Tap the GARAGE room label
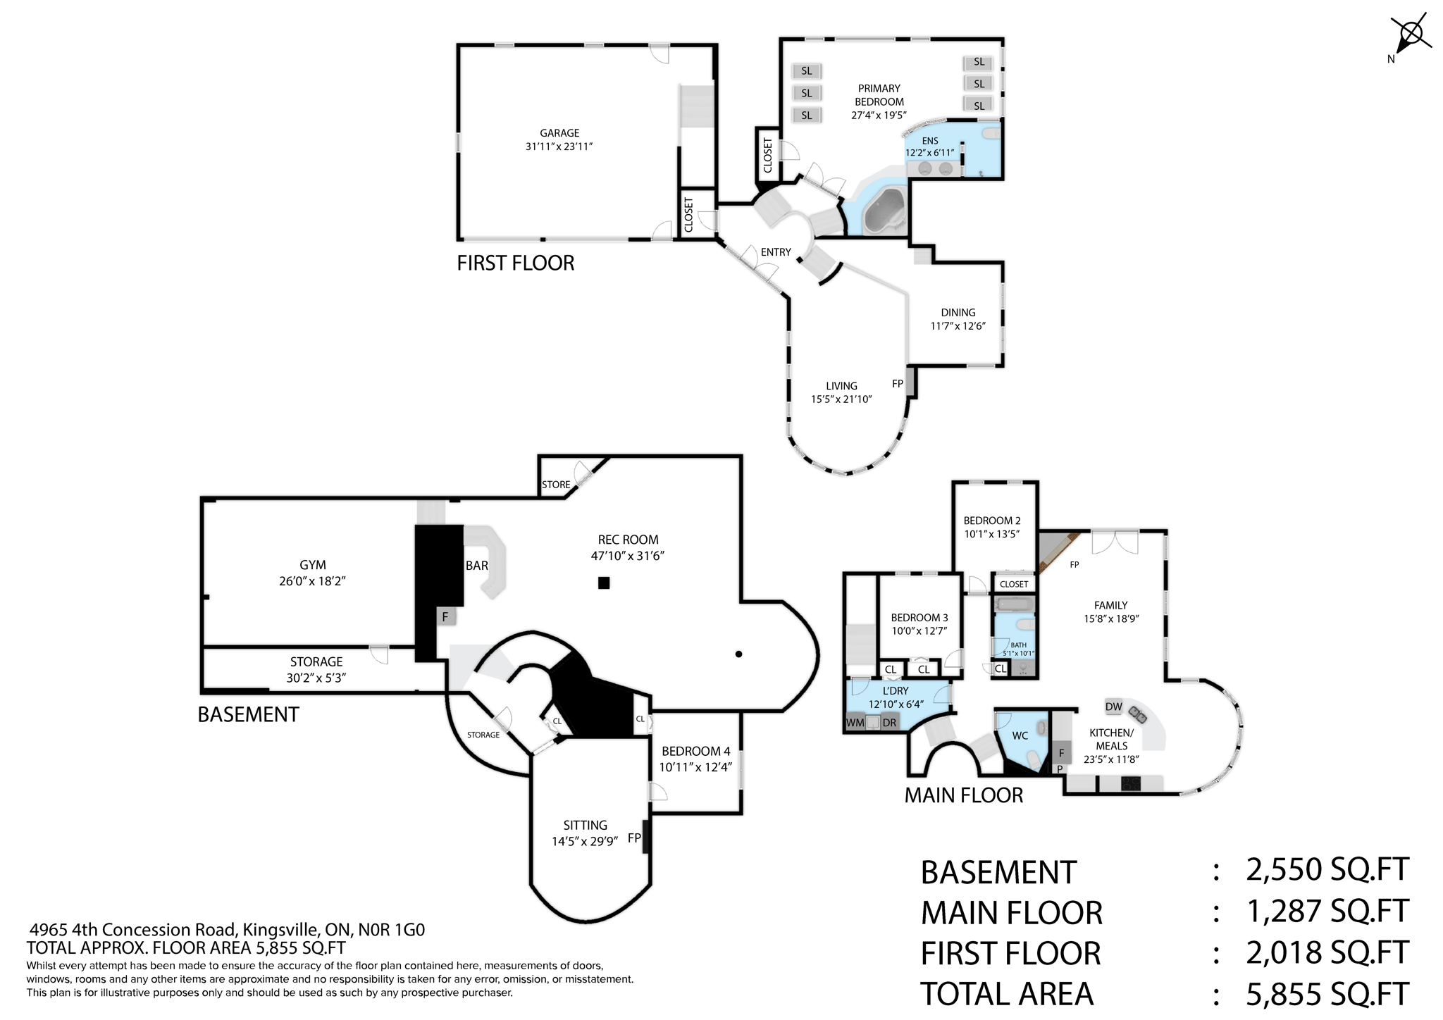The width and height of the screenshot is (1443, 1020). click(x=559, y=133)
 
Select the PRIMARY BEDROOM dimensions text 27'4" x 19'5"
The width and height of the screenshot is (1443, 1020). click(x=879, y=116)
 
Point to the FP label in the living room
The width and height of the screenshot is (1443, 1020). click(x=897, y=384)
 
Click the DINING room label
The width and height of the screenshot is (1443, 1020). click(x=958, y=313)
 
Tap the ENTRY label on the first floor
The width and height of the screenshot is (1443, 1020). click(x=776, y=252)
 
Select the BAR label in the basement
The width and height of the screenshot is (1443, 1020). click(x=476, y=566)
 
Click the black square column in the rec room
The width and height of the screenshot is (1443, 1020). click(x=604, y=583)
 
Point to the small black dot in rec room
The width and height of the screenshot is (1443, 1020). click(x=738, y=654)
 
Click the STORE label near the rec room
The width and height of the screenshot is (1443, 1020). click(x=556, y=485)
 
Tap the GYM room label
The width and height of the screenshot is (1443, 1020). click(x=312, y=565)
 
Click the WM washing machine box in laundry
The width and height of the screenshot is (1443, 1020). click(x=855, y=723)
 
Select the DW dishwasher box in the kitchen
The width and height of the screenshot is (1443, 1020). click(x=1113, y=707)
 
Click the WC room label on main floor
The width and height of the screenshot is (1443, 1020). click(x=1020, y=736)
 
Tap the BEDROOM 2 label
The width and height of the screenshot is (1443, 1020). click(x=991, y=521)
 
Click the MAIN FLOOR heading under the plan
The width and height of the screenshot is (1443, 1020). click(x=963, y=795)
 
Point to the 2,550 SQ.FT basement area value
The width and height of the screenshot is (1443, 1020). click(x=1327, y=870)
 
